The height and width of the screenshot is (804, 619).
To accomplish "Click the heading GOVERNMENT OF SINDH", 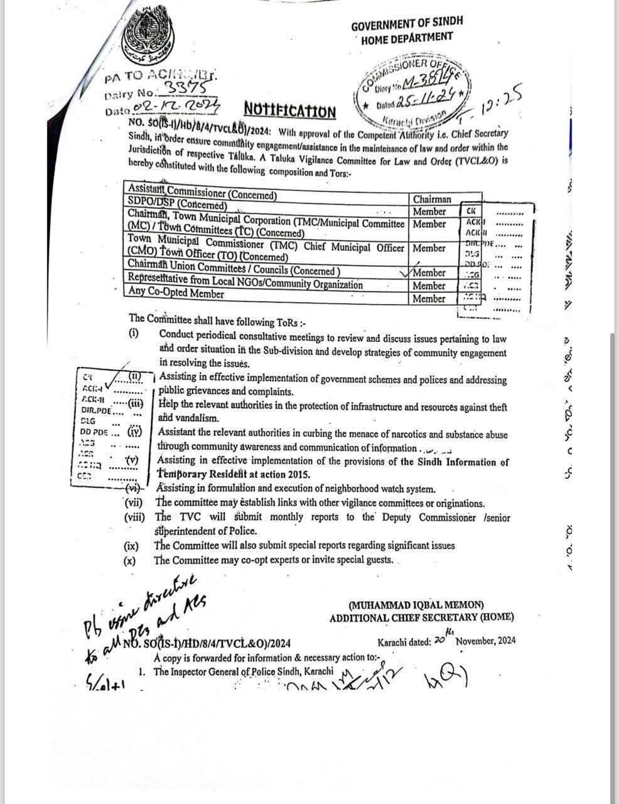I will coord(406,24).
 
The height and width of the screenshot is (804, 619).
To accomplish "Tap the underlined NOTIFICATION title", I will coord(289,111).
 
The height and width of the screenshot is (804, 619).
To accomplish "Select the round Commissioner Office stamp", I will coord(411,90).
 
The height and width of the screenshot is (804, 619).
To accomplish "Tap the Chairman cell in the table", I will coord(431,199).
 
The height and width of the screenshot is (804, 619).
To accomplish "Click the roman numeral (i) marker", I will coord(134,334).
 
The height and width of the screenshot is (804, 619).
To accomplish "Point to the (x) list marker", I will coord(130,560).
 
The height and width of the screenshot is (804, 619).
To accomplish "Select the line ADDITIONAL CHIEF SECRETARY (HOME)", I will coord(421,618).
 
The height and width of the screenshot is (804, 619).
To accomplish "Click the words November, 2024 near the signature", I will coord(485,641).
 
